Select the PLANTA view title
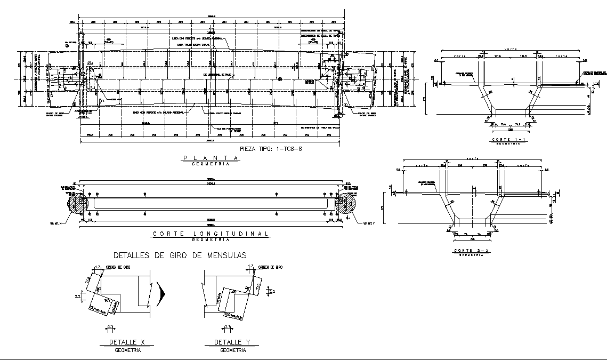pyautogui.click(x=209, y=158)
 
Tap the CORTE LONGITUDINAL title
pyautogui.click(x=210, y=234)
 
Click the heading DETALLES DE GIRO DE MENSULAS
pyautogui.click(x=180, y=255)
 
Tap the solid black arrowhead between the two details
pyautogui.click(x=163, y=293)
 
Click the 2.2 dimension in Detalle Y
pyautogui.click(x=272, y=292)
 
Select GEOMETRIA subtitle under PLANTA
pyautogui.click(x=209, y=164)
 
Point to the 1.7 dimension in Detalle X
pyautogui.click(x=98, y=267)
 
